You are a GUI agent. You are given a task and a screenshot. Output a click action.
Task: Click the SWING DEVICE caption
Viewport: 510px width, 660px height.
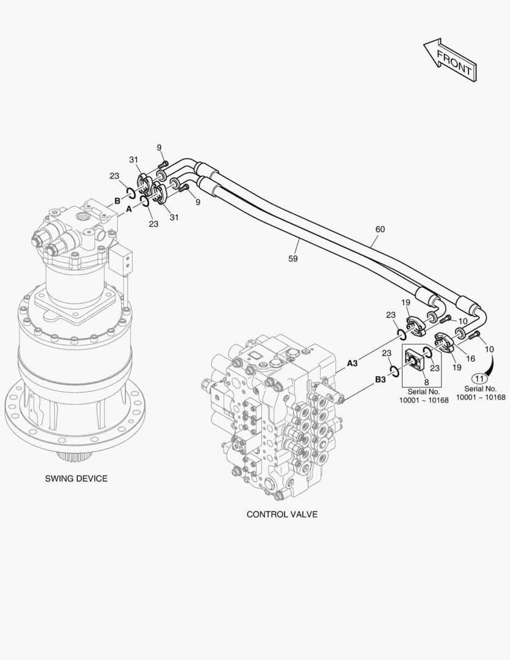(76, 479)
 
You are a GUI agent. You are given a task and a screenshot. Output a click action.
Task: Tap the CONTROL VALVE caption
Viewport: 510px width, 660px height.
(282, 515)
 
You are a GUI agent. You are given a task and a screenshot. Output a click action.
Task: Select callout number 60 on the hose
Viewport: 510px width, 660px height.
(380, 229)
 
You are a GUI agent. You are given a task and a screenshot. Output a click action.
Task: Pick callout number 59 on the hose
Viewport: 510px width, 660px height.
(293, 258)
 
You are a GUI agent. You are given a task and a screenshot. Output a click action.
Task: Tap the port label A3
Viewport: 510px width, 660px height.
(352, 363)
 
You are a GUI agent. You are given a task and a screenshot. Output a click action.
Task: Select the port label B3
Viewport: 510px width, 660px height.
(380, 380)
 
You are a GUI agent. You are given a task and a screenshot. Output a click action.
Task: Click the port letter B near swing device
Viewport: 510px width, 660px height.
(117, 200)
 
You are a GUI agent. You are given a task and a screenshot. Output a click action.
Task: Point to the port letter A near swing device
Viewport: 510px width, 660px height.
(129, 209)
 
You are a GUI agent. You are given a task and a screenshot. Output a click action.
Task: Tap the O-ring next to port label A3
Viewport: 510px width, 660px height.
(403, 334)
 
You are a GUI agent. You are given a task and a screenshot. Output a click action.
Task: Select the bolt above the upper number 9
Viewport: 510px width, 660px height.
(163, 164)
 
